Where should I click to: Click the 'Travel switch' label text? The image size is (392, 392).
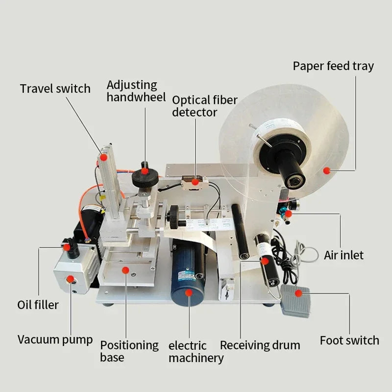[55, 89]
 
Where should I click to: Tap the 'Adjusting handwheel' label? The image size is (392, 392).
[136, 91]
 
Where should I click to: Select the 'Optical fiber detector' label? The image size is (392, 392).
[204, 106]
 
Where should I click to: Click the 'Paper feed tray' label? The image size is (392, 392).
[333, 66]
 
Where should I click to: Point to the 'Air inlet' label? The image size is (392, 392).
[343, 255]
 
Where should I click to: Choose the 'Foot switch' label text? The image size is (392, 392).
[349, 340]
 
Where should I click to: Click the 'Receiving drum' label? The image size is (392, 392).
[260, 345]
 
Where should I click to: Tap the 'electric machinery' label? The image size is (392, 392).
[196, 352]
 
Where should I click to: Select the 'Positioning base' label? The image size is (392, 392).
[129, 351]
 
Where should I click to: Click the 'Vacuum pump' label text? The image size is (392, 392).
[55, 340]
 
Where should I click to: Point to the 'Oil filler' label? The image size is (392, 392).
[38, 305]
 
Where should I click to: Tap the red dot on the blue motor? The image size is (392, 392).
[189, 293]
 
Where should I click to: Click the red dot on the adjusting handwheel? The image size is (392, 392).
[145, 171]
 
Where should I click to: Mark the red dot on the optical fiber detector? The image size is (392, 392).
[195, 182]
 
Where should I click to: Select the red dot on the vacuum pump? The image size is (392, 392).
[70, 279]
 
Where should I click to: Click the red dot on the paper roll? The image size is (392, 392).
[326, 171]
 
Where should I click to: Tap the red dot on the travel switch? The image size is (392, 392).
[103, 157]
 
